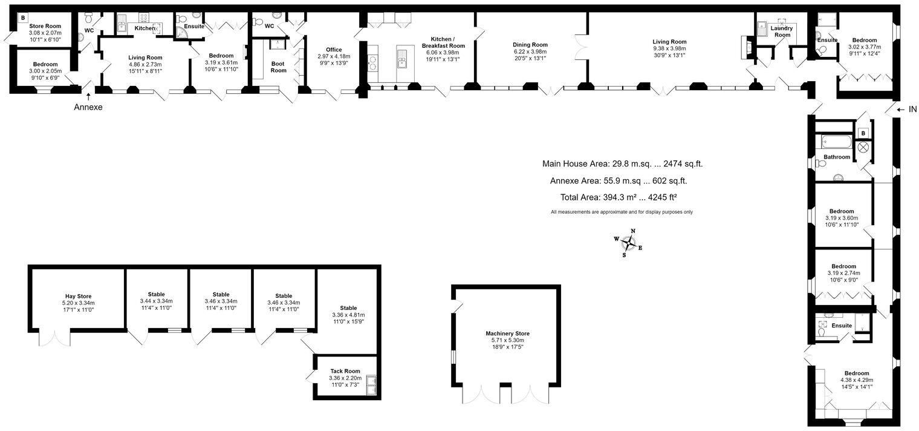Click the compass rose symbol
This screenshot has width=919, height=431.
(x=629, y=243)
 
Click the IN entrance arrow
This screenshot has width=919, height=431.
(x=900, y=110)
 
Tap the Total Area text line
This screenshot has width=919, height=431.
(x=622, y=197)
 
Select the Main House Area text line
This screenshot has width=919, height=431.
(x=622, y=163)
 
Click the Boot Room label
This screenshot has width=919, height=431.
(x=278, y=67)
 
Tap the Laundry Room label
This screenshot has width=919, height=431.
(x=782, y=31)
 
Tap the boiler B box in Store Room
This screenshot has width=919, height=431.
(x=23, y=18)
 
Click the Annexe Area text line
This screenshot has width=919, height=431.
(x=618, y=180)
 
